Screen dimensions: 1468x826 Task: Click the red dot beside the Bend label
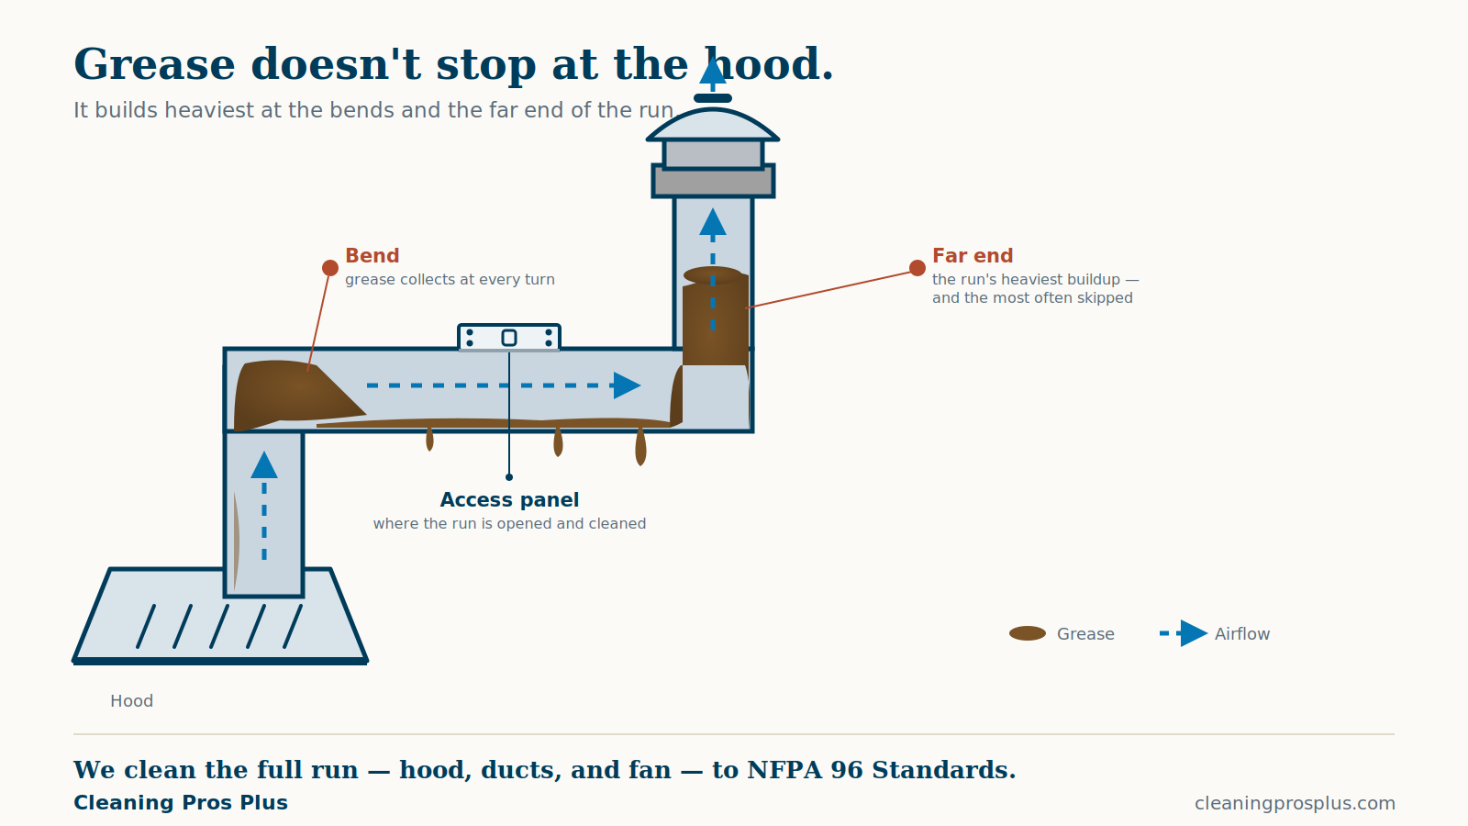(330, 267)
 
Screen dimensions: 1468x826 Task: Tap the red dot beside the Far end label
(917, 267)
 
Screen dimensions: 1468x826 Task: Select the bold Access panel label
(509, 499)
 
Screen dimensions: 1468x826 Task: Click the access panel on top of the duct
(509, 338)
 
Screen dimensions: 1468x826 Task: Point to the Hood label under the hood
(132, 701)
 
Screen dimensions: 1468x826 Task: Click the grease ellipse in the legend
(1028, 633)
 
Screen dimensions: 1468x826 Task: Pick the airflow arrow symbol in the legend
(1184, 633)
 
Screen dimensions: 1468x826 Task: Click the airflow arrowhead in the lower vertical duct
(264, 464)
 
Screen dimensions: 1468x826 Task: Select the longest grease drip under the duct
(641, 446)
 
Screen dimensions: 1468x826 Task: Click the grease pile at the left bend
(295, 395)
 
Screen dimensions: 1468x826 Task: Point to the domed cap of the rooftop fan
(713, 125)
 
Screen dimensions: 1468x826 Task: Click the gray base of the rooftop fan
(713, 181)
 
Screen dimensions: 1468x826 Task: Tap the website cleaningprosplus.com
(1295, 803)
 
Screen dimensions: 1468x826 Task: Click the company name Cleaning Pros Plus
(180, 802)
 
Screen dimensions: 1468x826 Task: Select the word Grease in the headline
(154, 64)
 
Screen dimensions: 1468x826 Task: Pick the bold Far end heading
(973, 255)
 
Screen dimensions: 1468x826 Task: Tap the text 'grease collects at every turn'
(450, 279)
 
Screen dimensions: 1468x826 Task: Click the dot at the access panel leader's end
(509, 477)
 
